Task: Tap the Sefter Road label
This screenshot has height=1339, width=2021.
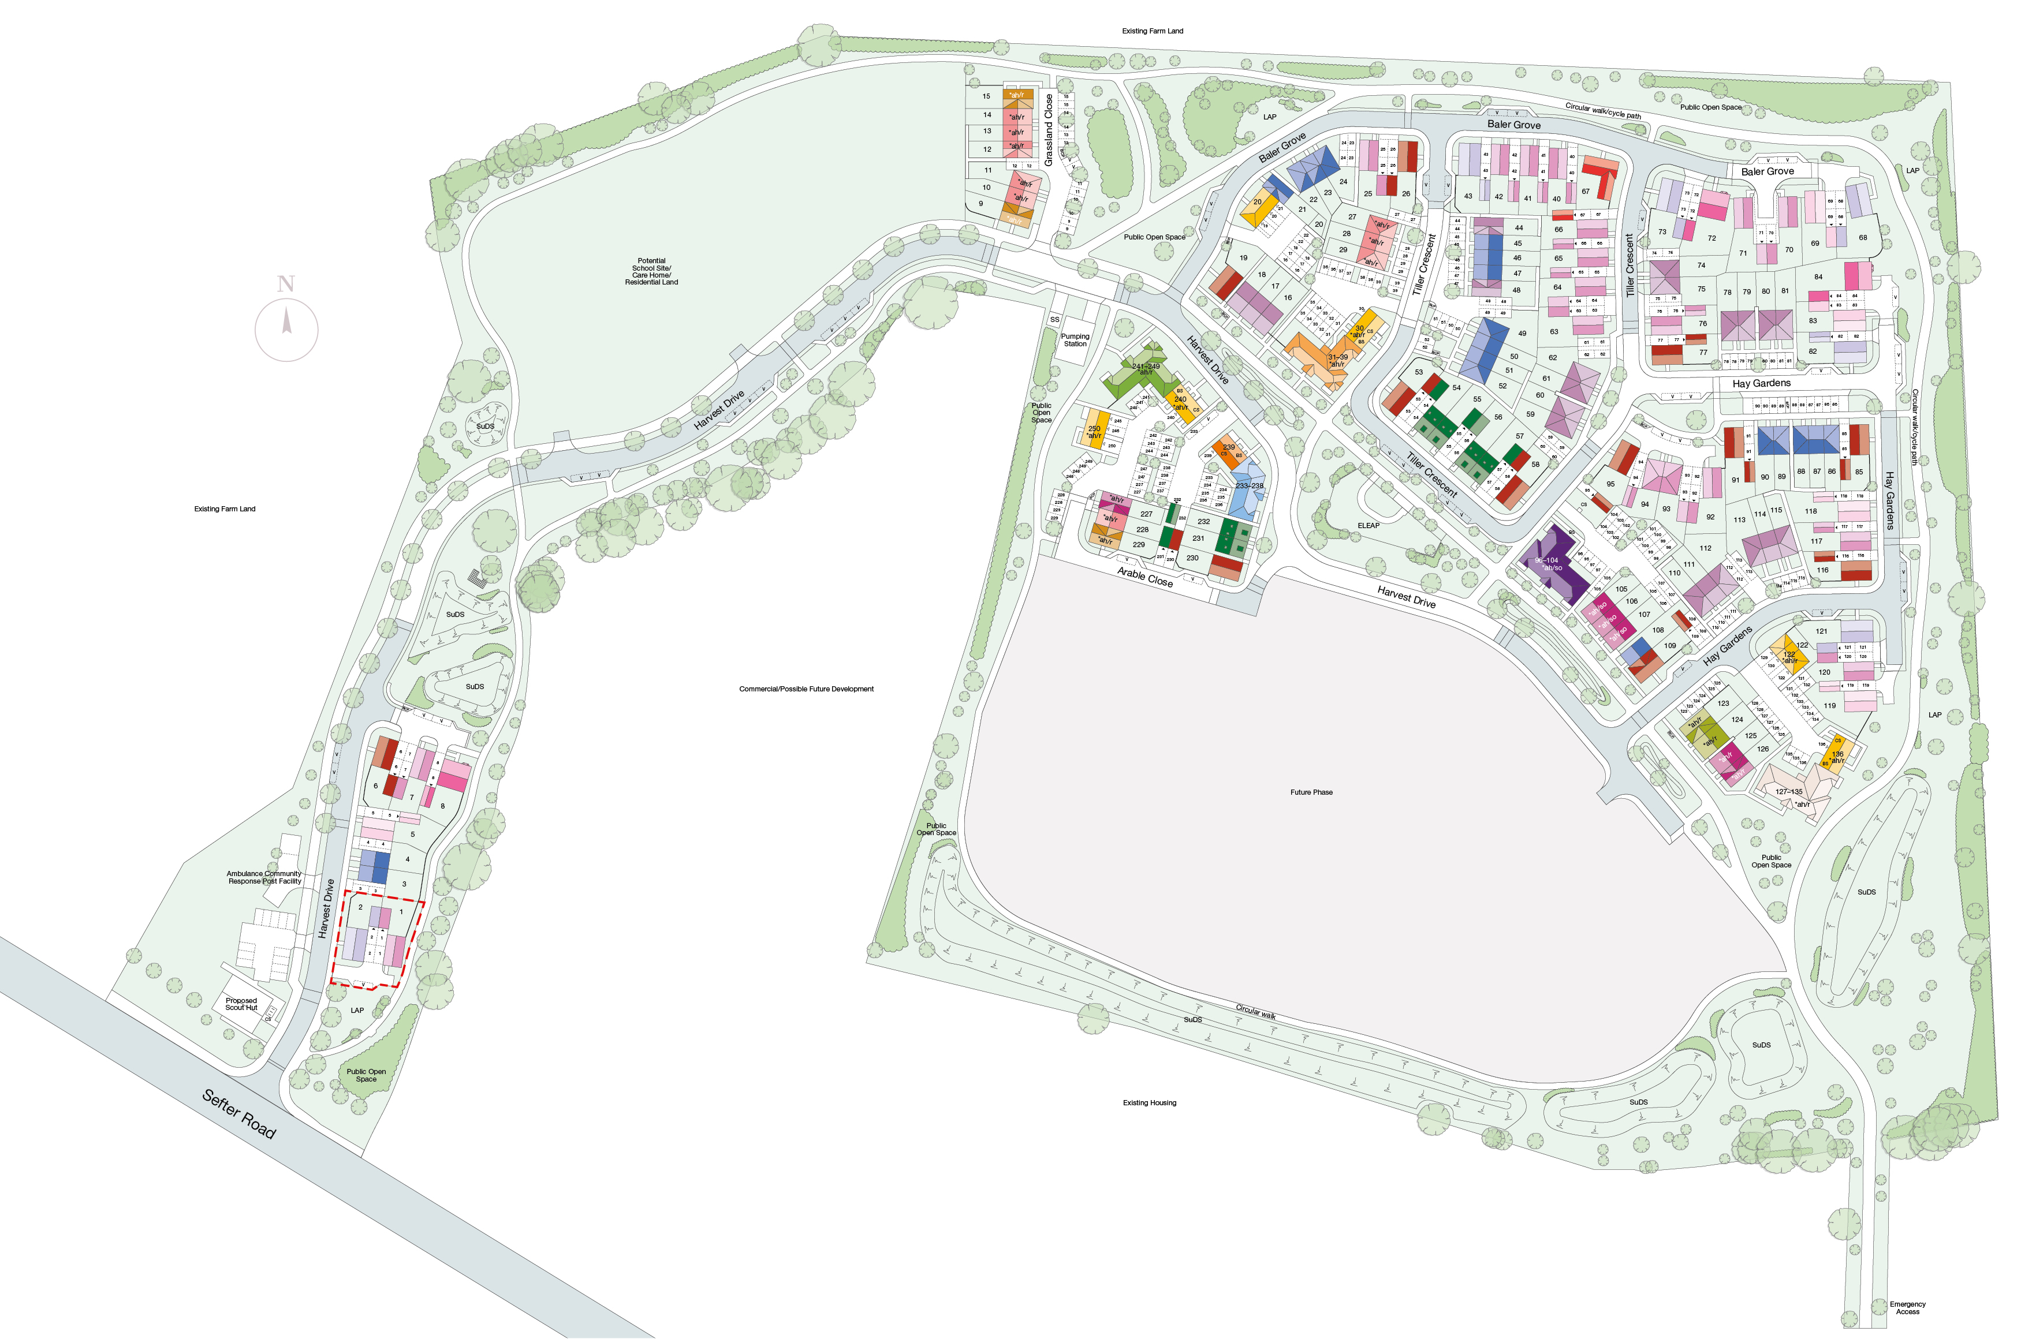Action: (239, 1113)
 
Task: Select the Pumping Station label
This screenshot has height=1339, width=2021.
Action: (1075, 340)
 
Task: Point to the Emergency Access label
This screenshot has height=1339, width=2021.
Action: (1907, 1307)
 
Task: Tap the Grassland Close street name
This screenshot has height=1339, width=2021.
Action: (1049, 130)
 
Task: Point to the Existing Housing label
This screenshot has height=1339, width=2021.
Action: (1149, 1102)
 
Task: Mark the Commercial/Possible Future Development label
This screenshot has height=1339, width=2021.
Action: (806, 689)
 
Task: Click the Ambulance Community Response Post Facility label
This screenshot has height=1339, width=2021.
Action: (264, 877)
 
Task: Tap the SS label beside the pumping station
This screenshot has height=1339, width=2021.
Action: (1054, 319)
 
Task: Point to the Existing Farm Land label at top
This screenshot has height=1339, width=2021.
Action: (1153, 31)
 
